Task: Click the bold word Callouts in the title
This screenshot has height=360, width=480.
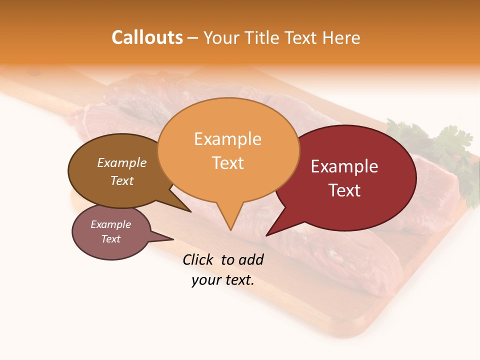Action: pos(147,37)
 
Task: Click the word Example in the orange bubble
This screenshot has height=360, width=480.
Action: pos(227,138)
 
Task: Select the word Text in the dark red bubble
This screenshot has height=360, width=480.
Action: pos(344,190)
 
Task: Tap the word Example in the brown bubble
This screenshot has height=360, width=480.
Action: pos(121,162)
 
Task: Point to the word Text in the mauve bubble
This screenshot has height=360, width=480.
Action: pos(110,238)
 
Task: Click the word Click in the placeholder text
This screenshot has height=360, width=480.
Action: pos(197,259)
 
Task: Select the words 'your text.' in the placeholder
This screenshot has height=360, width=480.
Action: pos(222,280)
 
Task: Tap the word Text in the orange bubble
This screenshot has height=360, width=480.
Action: pos(227,162)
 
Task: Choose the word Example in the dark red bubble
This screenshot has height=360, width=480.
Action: pos(344,166)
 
